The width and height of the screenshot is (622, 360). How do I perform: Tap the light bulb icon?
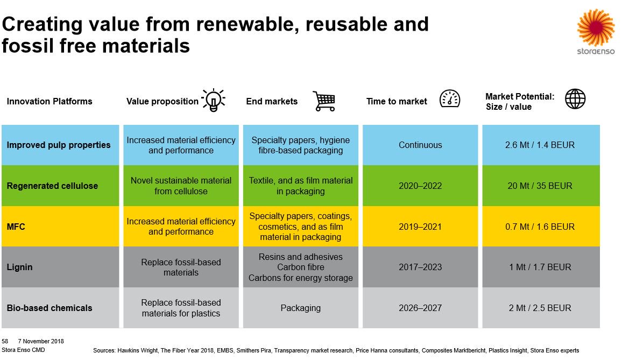(213, 100)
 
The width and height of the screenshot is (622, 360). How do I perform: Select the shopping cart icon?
(323, 101)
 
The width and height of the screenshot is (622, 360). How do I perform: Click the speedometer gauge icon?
(450, 99)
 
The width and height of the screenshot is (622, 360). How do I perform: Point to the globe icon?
(575, 99)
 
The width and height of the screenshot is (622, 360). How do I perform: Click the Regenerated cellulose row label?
(52, 186)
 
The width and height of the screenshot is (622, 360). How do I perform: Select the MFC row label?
(16, 227)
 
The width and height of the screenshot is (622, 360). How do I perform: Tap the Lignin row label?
(19, 267)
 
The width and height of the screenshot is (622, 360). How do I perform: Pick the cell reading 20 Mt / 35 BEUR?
(540, 186)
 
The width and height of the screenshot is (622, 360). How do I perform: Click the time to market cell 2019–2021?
(420, 227)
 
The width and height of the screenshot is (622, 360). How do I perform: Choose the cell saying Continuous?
(420, 145)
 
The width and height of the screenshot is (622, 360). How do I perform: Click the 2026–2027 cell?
(420, 308)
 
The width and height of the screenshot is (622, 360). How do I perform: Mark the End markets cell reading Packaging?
(300, 308)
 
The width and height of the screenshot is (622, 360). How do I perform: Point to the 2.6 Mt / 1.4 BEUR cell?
(540, 145)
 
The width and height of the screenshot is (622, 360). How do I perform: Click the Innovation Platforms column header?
(50, 101)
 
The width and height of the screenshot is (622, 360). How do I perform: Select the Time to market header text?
(397, 101)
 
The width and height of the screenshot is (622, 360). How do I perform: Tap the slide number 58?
(5, 341)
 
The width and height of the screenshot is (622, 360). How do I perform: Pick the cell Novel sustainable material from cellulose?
(181, 186)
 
